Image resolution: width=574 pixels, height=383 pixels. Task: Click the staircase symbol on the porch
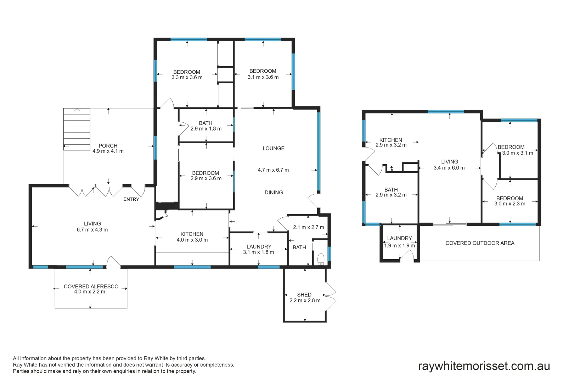(77, 129)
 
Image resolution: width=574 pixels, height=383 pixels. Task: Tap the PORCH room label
(108, 146)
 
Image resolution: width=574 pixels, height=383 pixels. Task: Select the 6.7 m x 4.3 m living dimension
(92, 230)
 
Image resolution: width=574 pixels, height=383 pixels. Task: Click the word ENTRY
(131, 199)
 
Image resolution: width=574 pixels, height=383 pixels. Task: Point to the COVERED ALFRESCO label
(91, 287)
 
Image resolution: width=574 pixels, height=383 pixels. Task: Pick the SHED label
(304, 295)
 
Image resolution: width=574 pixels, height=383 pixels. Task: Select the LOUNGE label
(273, 149)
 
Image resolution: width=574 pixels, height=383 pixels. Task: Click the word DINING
(274, 193)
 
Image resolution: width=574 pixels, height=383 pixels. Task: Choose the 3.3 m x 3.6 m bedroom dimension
(187, 77)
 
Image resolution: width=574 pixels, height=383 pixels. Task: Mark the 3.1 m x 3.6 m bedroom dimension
(263, 77)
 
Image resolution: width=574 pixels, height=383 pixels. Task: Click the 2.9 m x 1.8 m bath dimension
(206, 129)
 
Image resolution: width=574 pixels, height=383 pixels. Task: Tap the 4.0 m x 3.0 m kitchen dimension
(192, 240)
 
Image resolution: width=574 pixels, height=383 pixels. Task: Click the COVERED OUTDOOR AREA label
(480, 243)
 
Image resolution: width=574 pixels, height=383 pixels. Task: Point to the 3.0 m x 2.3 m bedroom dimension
(510, 204)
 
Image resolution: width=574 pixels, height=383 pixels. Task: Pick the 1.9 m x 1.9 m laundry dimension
(399, 245)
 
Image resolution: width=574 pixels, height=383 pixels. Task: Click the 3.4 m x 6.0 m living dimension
(449, 168)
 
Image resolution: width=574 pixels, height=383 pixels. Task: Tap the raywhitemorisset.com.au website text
(484, 366)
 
